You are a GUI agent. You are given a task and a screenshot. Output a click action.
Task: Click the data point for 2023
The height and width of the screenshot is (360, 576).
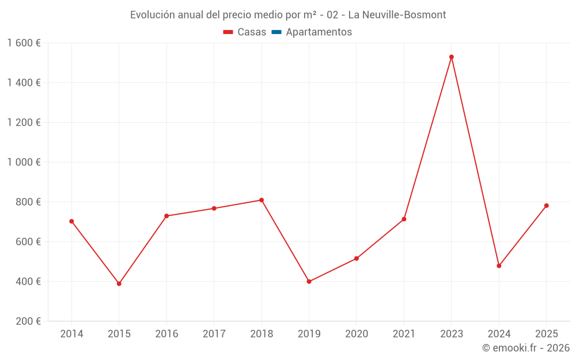pyautogui.click(x=452, y=57)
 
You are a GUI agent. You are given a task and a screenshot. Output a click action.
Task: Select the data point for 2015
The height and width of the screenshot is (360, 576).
pyautogui.click(x=119, y=283)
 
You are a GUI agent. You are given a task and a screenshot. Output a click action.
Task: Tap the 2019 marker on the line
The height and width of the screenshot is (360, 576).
pyautogui.click(x=309, y=282)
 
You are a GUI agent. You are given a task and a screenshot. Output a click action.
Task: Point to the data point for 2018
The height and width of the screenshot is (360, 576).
pyautogui.click(x=262, y=200)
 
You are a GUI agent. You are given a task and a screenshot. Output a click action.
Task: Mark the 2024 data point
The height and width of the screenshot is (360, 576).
pyautogui.click(x=499, y=266)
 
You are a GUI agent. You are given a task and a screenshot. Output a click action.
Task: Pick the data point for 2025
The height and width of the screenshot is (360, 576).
pyautogui.click(x=547, y=206)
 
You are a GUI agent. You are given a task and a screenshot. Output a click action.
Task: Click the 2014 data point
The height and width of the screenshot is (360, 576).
pyautogui.click(x=71, y=221)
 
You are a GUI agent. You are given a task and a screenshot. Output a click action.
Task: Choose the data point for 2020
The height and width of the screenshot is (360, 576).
pyautogui.click(x=357, y=259)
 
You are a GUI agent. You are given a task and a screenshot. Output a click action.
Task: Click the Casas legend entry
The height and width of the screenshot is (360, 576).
pyautogui.click(x=245, y=32)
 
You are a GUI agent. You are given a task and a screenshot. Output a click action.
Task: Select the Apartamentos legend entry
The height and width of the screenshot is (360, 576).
pyautogui.click(x=312, y=32)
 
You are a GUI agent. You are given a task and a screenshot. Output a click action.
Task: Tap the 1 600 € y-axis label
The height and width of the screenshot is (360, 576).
pyautogui.click(x=24, y=43)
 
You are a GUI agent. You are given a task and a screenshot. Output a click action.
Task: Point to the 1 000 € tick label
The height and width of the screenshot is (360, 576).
pyautogui.click(x=24, y=162)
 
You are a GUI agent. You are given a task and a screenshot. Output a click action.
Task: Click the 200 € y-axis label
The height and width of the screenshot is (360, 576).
pyautogui.click(x=27, y=321)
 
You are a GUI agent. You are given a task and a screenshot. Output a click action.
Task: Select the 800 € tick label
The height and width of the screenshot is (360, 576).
pyautogui.click(x=27, y=202)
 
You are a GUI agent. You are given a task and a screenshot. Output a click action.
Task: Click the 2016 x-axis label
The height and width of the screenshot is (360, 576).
pyautogui.click(x=166, y=334)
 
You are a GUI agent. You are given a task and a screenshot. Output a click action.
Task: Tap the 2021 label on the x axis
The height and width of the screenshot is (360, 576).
pyautogui.click(x=404, y=334)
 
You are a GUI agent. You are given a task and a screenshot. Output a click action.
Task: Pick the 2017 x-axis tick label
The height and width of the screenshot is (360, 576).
pyautogui.click(x=214, y=334)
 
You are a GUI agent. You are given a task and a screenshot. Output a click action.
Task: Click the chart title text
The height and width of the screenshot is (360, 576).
pyautogui.click(x=288, y=15)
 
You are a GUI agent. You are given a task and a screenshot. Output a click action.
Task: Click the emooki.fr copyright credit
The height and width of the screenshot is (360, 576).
pyautogui.click(x=526, y=348)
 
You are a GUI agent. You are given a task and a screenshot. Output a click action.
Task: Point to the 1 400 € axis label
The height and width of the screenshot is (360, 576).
pyautogui.click(x=24, y=83)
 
